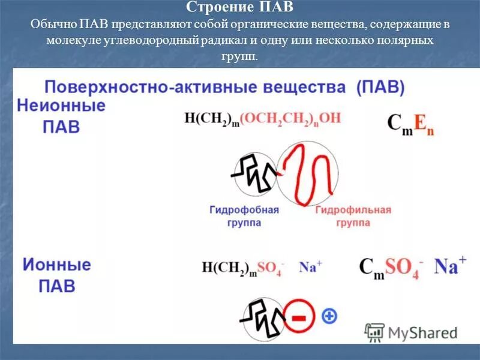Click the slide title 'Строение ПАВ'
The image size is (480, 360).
coord(239,8)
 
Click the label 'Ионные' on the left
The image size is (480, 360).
coord(58,265)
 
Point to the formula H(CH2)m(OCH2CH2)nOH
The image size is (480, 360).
coord(262,118)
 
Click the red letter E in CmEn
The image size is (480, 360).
coord(421,123)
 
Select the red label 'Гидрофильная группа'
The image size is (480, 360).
coord(352,216)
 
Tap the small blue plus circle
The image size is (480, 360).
coord(329,316)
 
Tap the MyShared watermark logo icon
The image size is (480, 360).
coord(374,332)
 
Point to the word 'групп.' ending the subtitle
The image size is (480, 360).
coord(239,57)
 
